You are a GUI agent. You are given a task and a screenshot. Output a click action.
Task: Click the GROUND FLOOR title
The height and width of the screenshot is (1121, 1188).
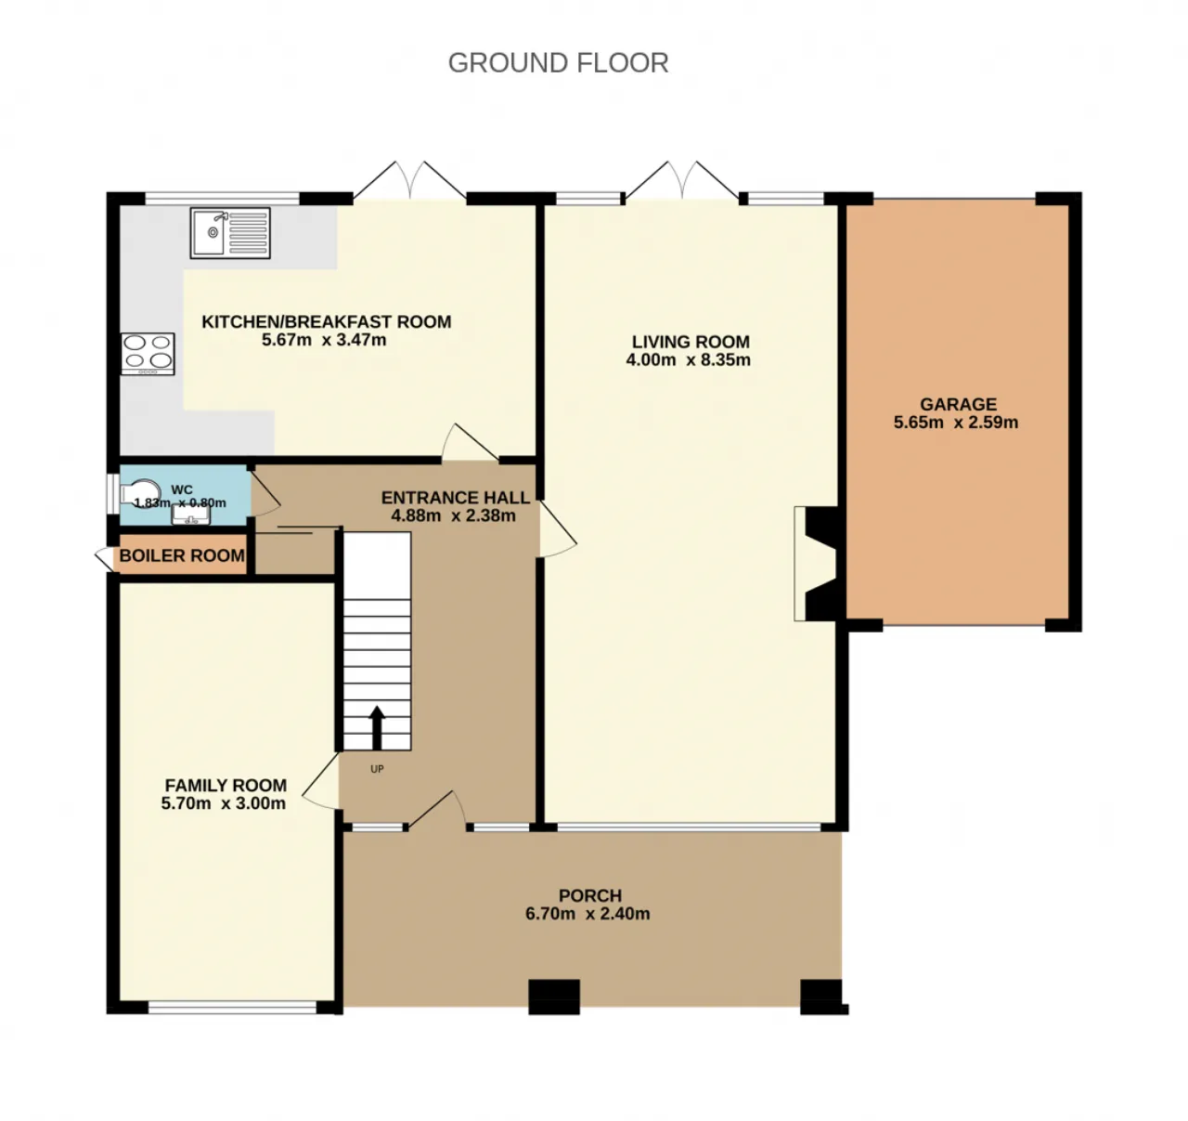pos(558,63)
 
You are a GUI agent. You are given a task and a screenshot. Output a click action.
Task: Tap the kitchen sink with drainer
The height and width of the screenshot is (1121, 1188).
pos(230,233)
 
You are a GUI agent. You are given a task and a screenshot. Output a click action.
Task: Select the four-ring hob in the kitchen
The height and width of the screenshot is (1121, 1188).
pos(148,354)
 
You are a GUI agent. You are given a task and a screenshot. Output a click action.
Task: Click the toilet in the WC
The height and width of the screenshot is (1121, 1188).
pos(140,493)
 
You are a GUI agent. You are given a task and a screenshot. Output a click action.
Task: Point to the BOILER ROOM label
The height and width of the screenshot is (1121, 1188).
pos(182,555)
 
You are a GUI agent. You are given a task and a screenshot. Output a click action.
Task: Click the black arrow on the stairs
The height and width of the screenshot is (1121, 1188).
pos(377,727)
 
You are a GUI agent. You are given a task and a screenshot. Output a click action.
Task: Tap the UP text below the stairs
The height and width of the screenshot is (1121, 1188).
pos(377,769)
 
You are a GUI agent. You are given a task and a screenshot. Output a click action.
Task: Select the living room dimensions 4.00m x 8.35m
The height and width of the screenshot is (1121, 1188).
pos(688,360)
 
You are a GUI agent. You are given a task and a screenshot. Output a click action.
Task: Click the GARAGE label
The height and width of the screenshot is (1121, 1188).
pos(959,404)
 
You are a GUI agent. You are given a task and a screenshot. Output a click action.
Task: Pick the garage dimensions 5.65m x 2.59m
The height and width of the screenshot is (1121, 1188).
pos(956,423)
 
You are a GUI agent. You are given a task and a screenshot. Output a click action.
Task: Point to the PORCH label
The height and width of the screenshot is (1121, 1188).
pos(590,896)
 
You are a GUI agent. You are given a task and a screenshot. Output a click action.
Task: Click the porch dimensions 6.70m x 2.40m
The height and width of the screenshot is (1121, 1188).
pos(588,914)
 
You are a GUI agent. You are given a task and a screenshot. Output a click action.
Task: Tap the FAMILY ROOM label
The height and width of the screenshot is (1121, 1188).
pos(226,785)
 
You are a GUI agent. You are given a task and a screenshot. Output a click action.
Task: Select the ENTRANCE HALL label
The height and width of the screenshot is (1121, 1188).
pos(456,498)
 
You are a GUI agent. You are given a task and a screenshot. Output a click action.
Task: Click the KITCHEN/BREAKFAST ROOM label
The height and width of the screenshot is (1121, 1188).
pos(327,321)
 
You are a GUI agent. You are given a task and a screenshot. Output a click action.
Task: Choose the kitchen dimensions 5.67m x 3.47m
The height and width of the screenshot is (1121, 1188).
pos(324,340)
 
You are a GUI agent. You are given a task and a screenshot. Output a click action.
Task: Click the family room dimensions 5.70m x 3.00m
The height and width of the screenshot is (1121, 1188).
pos(223,803)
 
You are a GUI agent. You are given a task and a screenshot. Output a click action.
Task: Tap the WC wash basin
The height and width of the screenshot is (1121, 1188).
pos(191,515)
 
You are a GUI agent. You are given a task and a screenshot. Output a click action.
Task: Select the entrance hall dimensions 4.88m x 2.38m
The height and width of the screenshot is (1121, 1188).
pos(454,515)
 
